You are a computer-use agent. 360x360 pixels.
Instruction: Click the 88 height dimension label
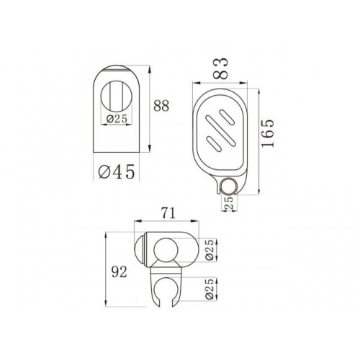point(161,106)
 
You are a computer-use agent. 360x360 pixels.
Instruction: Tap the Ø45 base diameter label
point(117,171)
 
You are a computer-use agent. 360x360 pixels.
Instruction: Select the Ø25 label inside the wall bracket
point(117,119)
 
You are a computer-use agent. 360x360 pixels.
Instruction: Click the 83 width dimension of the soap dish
point(220,68)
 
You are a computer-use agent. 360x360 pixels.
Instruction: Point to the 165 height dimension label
point(268,133)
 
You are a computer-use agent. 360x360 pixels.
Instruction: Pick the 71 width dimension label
point(168,213)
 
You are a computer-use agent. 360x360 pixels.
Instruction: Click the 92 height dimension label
point(120,272)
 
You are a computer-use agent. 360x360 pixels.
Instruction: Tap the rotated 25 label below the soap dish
point(230,203)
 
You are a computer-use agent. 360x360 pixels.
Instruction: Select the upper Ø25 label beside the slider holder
point(210,250)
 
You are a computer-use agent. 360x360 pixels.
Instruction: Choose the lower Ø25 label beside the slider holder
point(210,289)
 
